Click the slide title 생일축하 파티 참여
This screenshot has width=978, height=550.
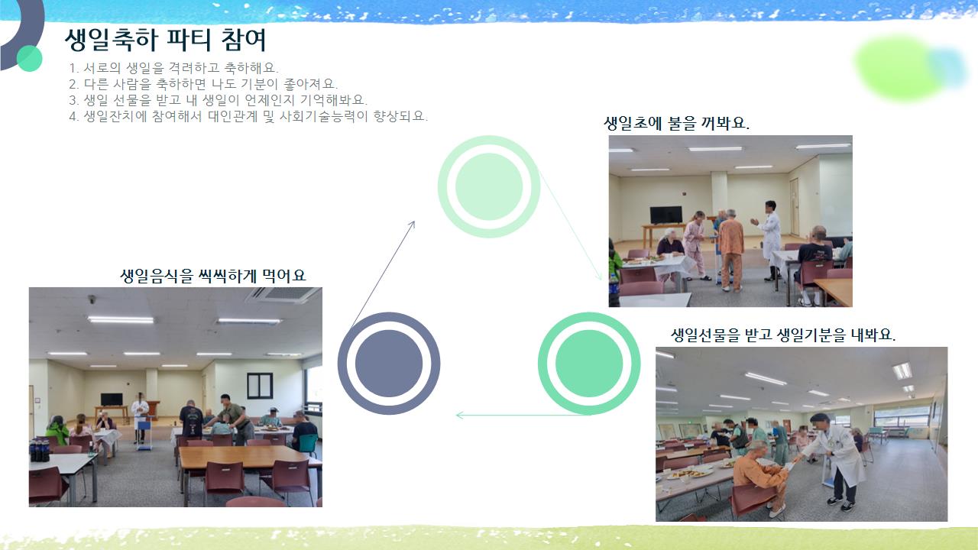pos(166,40)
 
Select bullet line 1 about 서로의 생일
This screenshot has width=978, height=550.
pos(173,68)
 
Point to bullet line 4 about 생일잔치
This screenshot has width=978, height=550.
pos(248,116)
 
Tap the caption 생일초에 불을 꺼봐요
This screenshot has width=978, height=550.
pos(676,123)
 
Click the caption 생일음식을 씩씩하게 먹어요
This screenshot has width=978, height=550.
pos(213,276)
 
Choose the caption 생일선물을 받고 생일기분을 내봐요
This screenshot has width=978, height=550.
pos(783,335)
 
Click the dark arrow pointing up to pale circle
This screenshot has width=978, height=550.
pos(383,274)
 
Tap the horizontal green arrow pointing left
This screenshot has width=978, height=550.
pos(522,415)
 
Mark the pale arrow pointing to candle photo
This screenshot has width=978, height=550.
pos(571,225)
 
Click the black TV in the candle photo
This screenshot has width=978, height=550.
pos(665,215)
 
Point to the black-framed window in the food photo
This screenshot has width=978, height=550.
pos(260,386)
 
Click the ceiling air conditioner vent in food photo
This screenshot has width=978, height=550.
pos(283,295)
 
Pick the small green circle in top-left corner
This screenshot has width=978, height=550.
pos(30,59)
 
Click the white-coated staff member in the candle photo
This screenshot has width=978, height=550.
pos(769,241)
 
